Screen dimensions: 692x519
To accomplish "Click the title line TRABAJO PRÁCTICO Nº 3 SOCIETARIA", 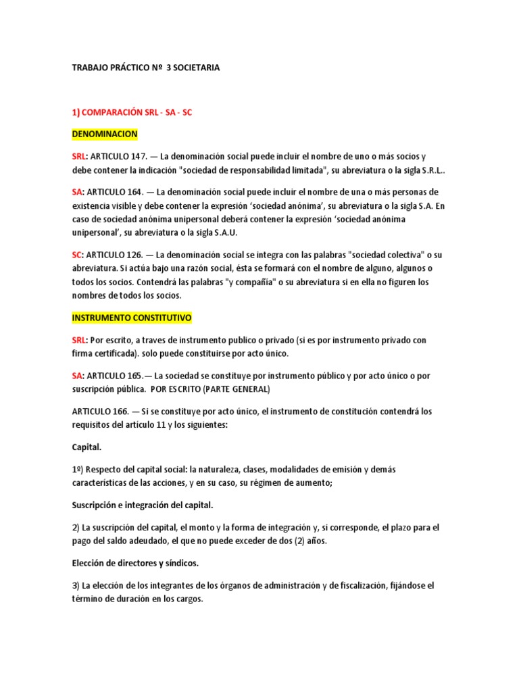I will click(x=145, y=68).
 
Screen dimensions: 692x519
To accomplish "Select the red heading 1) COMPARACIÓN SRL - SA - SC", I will click(x=132, y=113).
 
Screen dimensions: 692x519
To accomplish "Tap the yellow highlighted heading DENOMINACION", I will click(x=104, y=134).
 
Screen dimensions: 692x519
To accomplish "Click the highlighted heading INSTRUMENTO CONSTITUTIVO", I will click(x=132, y=317).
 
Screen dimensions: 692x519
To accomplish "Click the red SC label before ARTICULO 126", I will click(x=77, y=255).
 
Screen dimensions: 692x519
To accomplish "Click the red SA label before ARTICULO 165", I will click(x=77, y=376).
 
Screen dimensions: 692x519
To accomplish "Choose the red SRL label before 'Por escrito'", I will click(x=80, y=340).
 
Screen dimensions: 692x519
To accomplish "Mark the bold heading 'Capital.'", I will click(x=87, y=447).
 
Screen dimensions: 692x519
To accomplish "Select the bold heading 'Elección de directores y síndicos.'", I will click(x=135, y=563).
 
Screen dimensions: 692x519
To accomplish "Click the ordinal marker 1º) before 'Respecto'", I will click(x=78, y=469).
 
